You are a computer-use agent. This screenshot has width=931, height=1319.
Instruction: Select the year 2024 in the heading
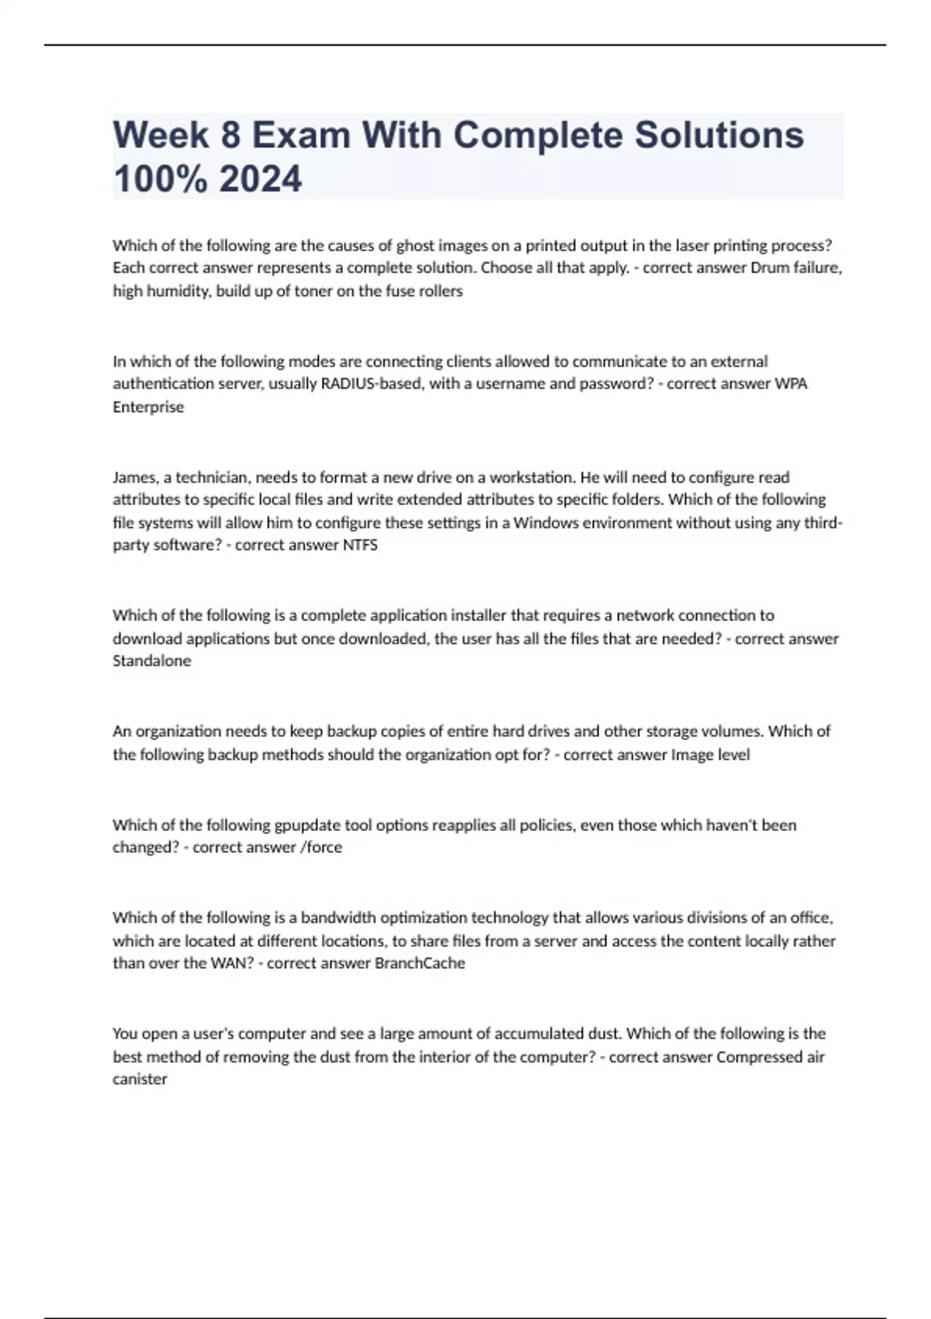tap(261, 179)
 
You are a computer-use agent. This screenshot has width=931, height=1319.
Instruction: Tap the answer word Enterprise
tap(148, 407)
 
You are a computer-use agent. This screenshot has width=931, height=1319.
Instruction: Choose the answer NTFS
tap(360, 545)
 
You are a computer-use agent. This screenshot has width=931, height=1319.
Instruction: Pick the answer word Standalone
tap(151, 661)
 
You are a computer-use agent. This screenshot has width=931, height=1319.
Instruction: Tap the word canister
tap(140, 1079)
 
